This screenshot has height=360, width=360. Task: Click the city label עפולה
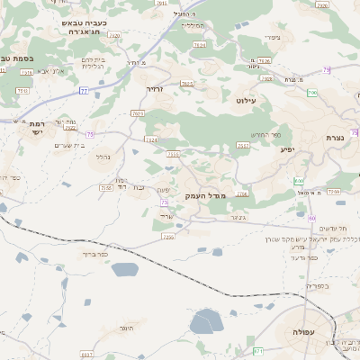[299, 332]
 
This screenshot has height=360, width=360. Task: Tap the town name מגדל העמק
[207, 195]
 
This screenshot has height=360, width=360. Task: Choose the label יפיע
[288, 149]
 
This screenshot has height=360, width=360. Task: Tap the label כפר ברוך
[94, 254]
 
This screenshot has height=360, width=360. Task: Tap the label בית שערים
[68, 145]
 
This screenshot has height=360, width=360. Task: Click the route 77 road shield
[84, 91]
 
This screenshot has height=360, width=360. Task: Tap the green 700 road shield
[311, 93]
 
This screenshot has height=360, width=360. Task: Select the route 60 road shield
[311, 218]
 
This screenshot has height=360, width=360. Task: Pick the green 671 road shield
[259, 350]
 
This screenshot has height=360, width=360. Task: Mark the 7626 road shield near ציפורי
[200, 44]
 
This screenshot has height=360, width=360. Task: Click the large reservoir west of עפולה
[206, 321]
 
